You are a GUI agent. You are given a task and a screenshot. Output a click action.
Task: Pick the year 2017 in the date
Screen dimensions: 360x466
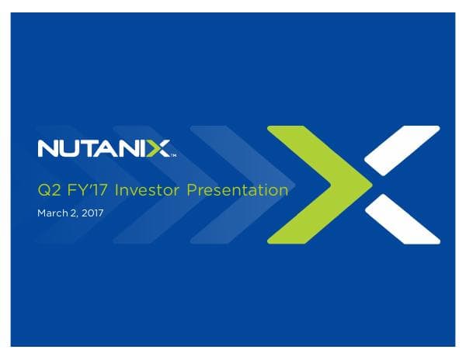point(91,210)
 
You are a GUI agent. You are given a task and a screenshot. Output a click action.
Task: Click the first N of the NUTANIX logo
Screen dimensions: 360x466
point(47,148)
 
